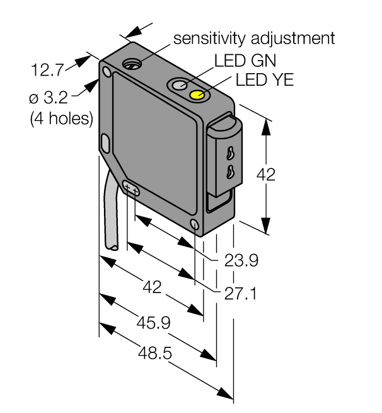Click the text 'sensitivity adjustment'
[x=254, y=38]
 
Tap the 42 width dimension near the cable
[x=153, y=288]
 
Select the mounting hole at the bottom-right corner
[x=195, y=224]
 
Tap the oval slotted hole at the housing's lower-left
[x=132, y=188]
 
